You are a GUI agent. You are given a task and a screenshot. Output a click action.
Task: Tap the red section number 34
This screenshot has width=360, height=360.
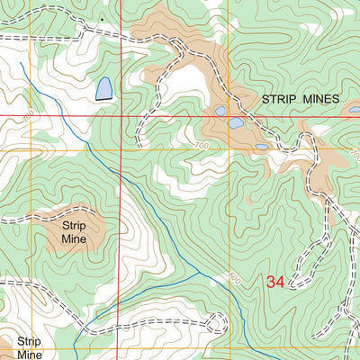point(275,283)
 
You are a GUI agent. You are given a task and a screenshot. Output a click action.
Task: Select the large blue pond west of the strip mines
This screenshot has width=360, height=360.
point(103,88)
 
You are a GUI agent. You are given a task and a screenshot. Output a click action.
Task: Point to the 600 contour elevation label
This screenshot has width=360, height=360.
point(235,278)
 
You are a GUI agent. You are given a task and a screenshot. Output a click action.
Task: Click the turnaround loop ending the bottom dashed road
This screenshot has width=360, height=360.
point(216,321)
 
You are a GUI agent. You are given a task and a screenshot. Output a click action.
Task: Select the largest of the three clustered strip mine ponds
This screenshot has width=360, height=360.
point(236,123)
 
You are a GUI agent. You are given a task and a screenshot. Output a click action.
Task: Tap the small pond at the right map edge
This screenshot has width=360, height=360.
point(354,110)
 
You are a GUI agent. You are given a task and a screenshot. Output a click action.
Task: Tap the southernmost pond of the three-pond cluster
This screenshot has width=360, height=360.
point(261,146)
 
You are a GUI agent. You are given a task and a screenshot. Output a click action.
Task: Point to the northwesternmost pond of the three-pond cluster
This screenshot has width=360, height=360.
point(220,112)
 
